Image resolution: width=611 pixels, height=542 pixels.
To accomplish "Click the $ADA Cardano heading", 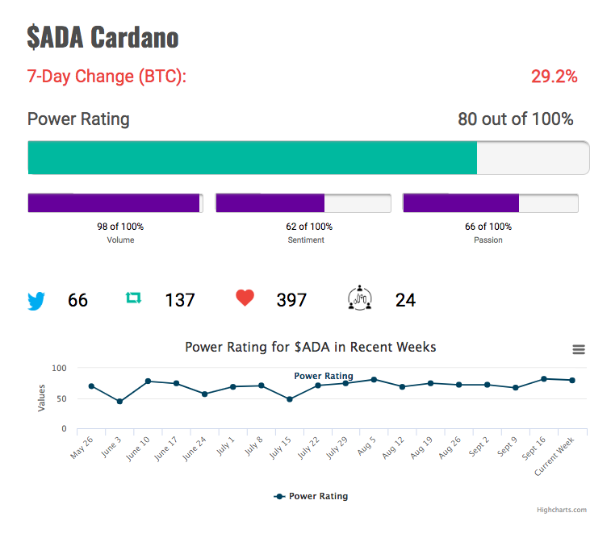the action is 103,37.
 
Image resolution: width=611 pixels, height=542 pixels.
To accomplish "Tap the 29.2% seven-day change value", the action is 555,77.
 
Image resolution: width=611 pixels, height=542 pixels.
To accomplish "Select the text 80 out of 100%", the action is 516,119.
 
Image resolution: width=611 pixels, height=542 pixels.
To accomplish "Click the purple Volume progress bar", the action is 114,203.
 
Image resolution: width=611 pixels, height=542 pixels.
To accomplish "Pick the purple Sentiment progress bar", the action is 270,203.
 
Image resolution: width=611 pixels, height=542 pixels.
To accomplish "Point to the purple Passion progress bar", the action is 461,203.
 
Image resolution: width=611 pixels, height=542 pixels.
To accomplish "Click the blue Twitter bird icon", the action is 36,301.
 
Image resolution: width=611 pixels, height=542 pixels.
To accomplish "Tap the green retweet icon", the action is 133,298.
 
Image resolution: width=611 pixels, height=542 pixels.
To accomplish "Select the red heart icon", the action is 245,298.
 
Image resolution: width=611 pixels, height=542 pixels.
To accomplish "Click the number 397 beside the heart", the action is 291,300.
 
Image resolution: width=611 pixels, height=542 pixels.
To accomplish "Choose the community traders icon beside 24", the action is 360,298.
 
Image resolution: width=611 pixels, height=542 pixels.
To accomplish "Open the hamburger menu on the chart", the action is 579,349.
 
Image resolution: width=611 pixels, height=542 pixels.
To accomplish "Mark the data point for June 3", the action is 119,402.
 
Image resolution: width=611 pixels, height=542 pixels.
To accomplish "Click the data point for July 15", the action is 290,399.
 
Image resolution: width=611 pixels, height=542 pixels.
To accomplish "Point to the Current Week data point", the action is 572,381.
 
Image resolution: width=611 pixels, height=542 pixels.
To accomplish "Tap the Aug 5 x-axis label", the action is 366,446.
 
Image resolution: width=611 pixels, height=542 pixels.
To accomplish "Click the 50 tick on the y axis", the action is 61,398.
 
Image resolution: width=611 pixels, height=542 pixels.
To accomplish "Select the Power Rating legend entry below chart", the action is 311,496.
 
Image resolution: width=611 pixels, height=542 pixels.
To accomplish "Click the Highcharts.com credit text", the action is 562,510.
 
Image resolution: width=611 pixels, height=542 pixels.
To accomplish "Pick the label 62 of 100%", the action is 309,227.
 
